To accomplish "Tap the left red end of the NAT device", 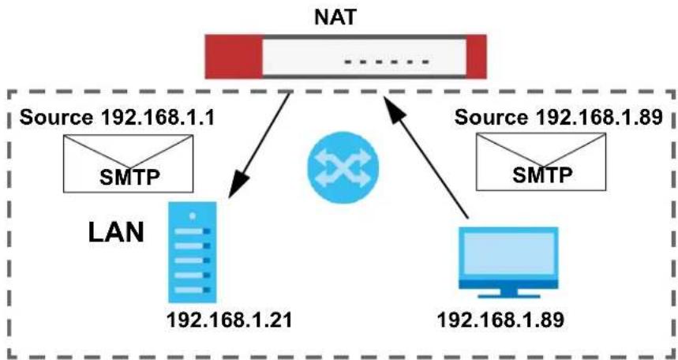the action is point(234,57).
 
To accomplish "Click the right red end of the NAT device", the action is point(476,57).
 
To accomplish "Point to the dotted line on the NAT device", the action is point(386,62).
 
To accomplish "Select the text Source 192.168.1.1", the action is point(117,118).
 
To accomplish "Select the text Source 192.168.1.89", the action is point(559,118).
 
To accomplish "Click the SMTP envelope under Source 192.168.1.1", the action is point(128,163).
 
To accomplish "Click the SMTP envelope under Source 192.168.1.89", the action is point(541,161).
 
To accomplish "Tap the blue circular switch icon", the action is point(343,168).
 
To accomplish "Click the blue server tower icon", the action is point(193,252).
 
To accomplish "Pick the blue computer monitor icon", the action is point(508,263).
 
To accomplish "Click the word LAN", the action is point(116,232).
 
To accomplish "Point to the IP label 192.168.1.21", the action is point(229,321).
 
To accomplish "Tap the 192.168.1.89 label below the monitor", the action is point(500,321).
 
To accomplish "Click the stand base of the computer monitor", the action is point(509,296).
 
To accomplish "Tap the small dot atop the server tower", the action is point(193,216).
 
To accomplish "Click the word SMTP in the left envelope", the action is point(130,176).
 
